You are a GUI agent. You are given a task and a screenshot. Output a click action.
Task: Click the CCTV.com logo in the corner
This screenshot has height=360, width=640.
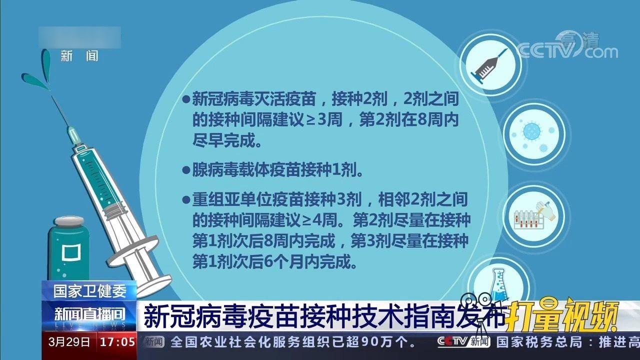[x=567, y=47]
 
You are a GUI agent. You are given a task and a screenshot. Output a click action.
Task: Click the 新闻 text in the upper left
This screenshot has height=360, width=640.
[x=79, y=56]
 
